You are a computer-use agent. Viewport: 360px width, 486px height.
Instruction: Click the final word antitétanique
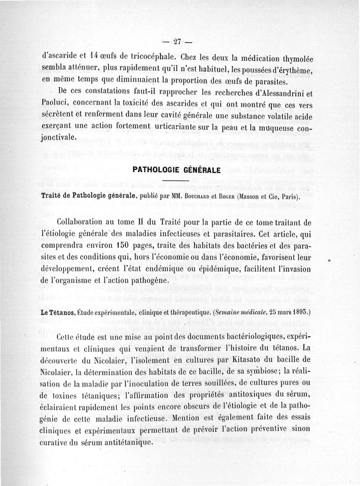tap(120, 442)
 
